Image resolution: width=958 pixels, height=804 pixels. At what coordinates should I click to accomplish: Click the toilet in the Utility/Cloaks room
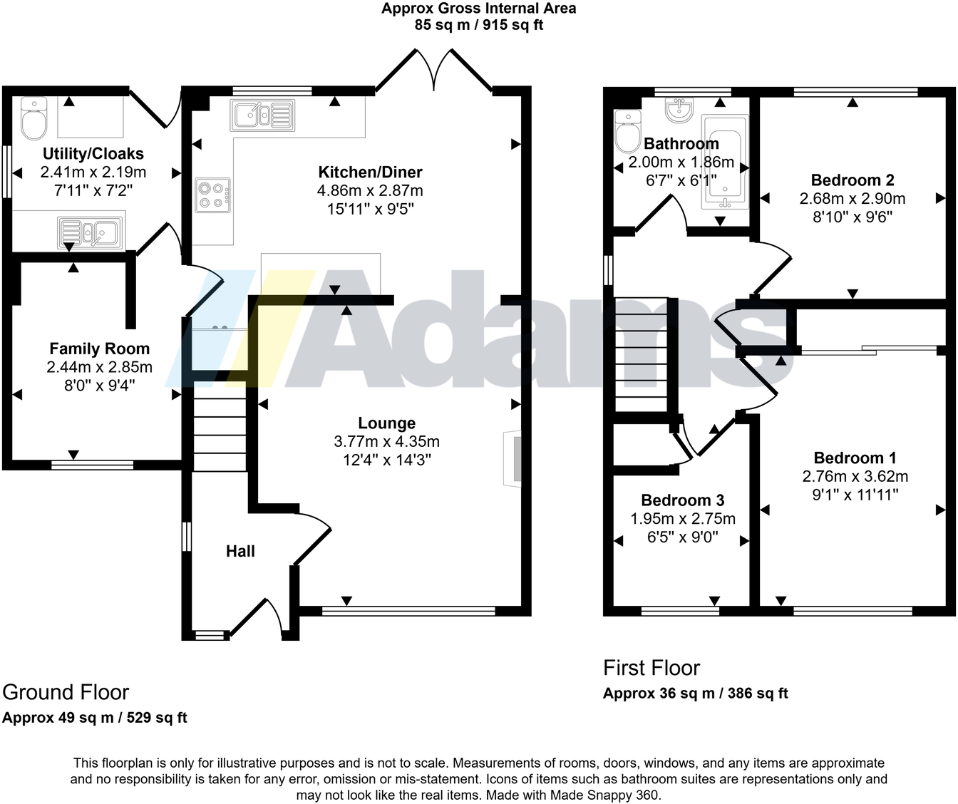pos(34,119)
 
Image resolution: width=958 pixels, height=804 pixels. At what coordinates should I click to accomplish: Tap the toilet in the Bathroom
pos(628,130)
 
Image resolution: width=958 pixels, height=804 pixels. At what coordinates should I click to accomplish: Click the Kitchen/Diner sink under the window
pos(262,115)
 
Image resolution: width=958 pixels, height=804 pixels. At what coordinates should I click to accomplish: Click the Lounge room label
pos(386,423)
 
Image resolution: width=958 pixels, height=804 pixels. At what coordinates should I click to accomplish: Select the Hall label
pos(240,551)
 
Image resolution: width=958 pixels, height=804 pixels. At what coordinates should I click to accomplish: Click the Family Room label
pos(99,349)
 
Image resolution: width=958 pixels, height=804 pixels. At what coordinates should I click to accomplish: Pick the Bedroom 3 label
pos(682,500)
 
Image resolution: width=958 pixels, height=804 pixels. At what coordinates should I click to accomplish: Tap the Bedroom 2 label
pos(852,180)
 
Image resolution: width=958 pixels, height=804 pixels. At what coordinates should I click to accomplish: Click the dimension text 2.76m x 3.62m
pos(855,477)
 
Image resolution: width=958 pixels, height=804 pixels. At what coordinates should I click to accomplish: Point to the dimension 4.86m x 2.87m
pos(370,191)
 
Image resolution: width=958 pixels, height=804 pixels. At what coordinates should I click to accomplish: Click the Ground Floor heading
pos(66,692)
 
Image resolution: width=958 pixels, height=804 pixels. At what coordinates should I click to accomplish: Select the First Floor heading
pos(651,668)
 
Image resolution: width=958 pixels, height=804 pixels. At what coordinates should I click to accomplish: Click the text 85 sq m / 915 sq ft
pos(478,25)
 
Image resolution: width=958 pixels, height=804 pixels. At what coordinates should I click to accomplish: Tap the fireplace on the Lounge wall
pos(512,458)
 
